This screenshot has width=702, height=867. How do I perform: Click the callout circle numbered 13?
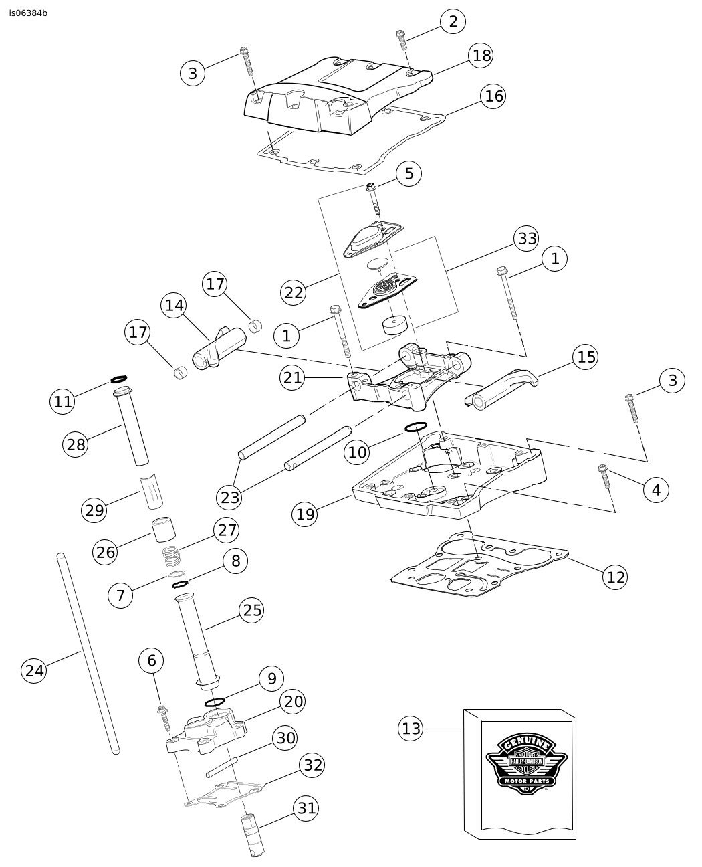(x=411, y=728)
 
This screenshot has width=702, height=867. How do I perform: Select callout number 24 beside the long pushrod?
(x=34, y=670)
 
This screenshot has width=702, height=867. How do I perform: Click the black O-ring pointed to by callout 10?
(x=416, y=427)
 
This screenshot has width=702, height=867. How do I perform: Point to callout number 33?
(x=527, y=238)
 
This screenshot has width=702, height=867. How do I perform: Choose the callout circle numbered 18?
(x=481, y=56)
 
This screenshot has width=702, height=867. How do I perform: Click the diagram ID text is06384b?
(x=29, y=13)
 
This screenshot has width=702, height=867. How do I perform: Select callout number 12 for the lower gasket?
(x=615, y=576)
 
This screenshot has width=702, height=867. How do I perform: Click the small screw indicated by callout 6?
(x=162, y=717)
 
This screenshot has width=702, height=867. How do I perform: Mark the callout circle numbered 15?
(x=586, y=357)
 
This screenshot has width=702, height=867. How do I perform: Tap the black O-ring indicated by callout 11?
(x=119, y=379)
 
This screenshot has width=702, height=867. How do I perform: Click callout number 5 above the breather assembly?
(x=408, y=174)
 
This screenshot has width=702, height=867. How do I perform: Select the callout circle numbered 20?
(x=293, y=701)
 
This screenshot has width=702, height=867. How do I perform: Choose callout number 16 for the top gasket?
(x=493, y=96)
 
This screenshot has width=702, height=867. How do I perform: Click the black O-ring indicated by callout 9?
(x=214, y=702)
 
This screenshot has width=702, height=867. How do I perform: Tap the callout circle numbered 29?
(x=94, y=510)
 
